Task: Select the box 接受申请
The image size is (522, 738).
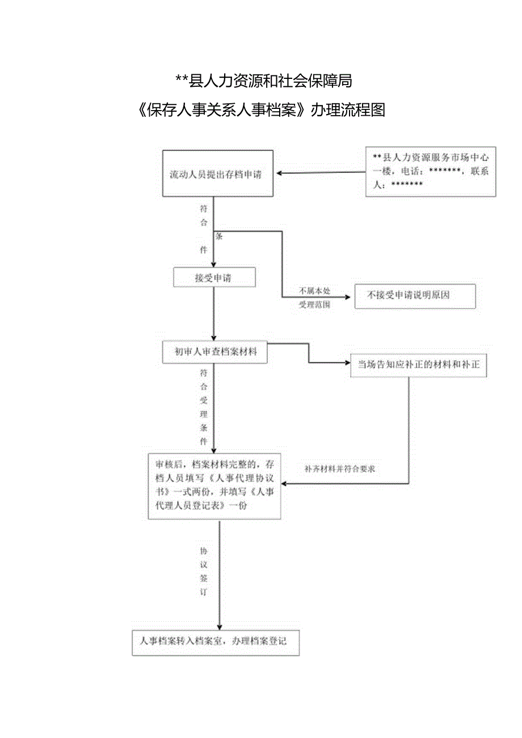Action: [x=214, y=278]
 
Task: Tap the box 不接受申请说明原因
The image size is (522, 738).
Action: [x=415, y=296]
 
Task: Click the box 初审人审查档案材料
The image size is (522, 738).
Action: [x=214, y=352]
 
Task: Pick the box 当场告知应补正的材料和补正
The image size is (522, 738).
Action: [x=418, y=365]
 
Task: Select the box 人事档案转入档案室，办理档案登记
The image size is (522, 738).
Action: [x=216, y=642]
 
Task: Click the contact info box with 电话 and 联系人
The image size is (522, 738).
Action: [x=431, y=171]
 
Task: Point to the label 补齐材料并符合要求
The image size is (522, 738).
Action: [x=339, y=469]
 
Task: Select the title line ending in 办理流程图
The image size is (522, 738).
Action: [x=262, y=110]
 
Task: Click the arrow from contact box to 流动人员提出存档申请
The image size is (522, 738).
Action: [x=321, y=172]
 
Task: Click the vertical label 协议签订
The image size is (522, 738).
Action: [x=204, y=571]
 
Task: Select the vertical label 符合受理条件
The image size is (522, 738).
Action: [x=204, y=407]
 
